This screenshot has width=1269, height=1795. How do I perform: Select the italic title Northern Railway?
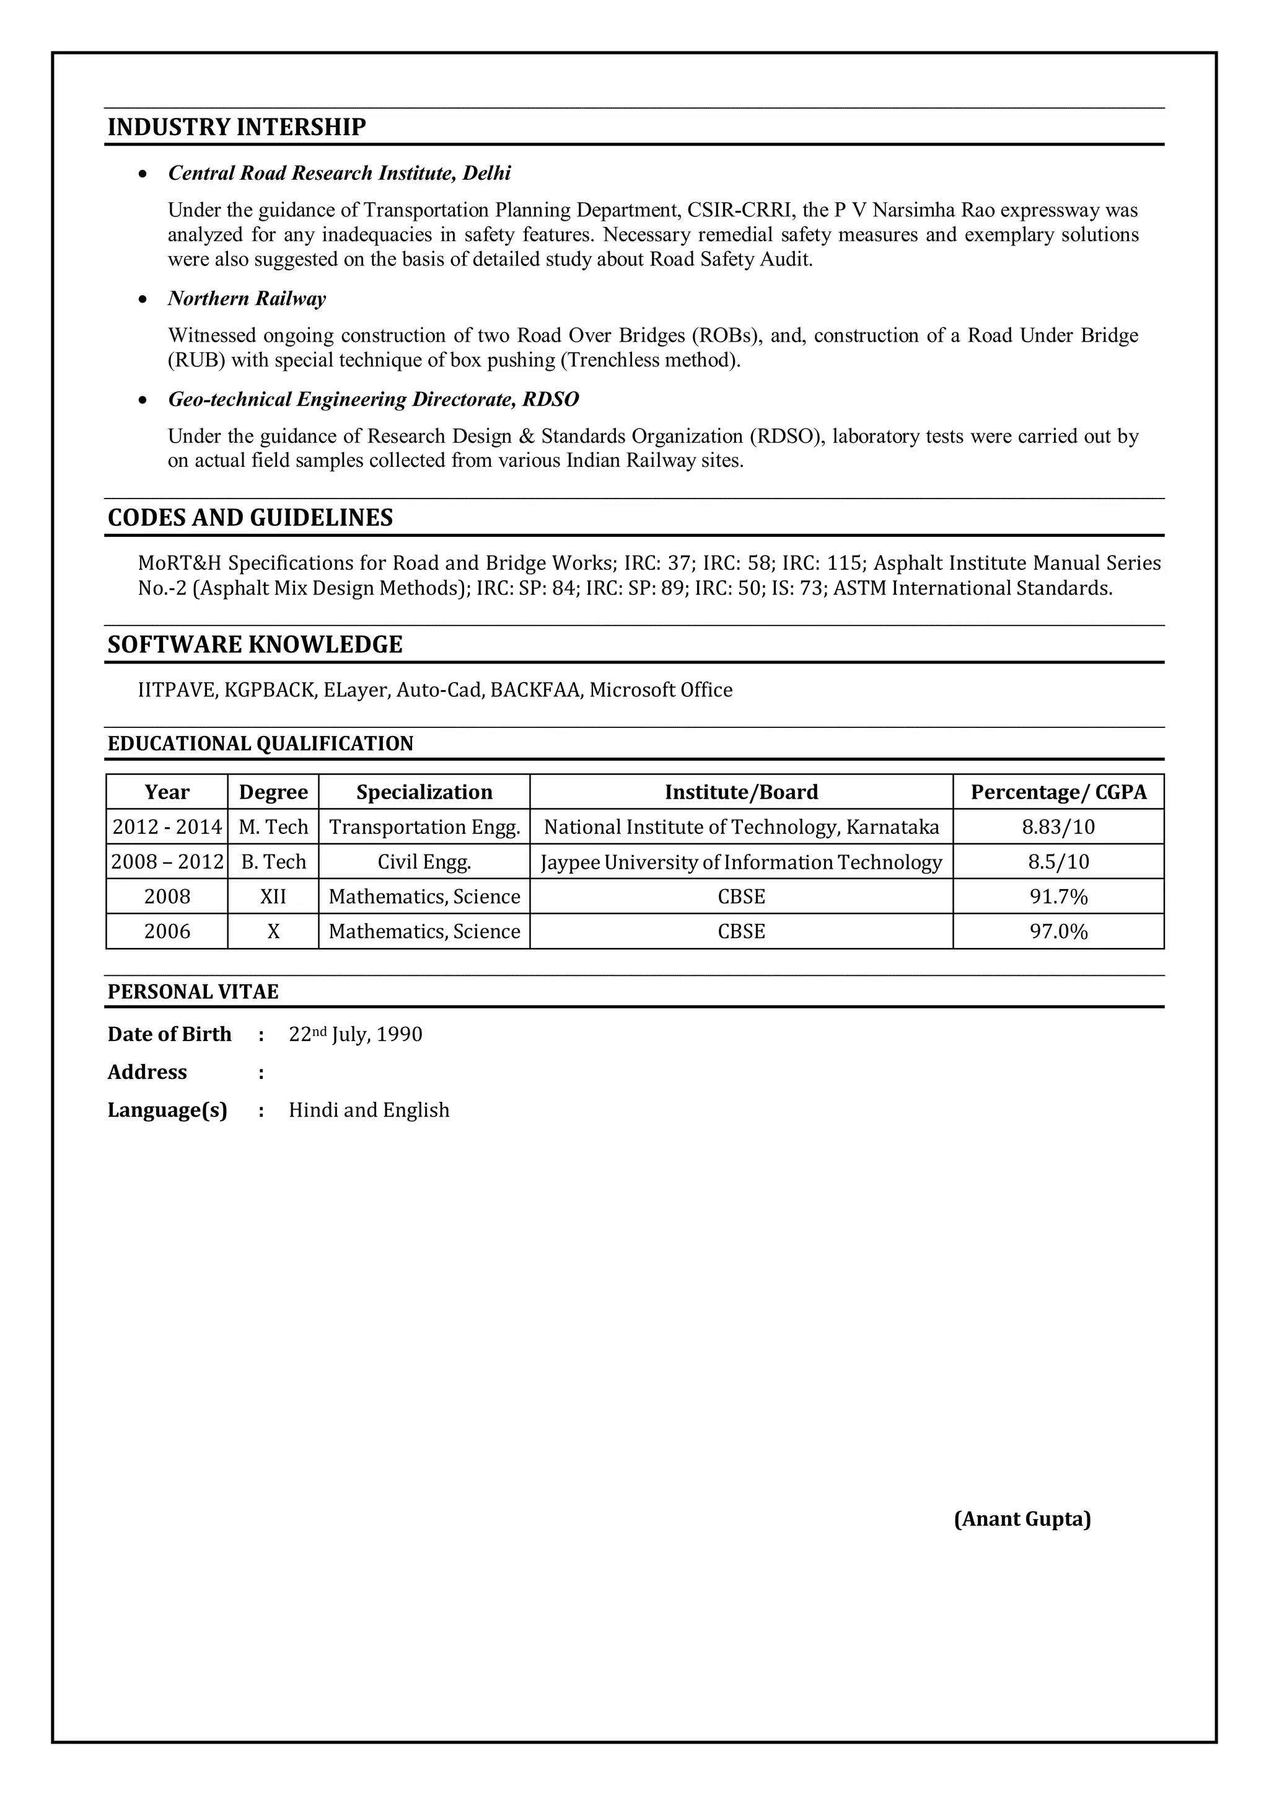tap(247, 299)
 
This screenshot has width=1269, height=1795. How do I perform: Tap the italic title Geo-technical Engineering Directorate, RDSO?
tap(374, 399)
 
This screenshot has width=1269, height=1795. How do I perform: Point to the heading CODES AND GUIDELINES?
tap(250, 518)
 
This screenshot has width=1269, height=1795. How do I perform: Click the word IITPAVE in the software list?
tap(177, 690)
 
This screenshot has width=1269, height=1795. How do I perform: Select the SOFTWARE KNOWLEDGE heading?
tap(255, 645)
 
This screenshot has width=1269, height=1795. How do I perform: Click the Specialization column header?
tap(424, 792)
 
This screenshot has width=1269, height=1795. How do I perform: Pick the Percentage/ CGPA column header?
tap(1058, 792)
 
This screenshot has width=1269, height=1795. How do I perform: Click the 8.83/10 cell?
tap(1058, 827)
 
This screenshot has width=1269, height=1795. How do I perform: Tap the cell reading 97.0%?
tap(1058, 932)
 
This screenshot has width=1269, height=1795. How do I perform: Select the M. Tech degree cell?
tap(273, 827)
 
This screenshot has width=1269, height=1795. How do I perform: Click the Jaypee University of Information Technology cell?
tap(741, 862)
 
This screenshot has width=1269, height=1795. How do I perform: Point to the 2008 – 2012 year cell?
tap(167, 862)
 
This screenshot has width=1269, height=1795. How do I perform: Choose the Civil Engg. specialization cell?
tap(424, 862)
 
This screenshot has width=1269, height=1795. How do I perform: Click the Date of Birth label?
tap(170, 1034)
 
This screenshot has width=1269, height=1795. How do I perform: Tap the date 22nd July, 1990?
tap(356, 1034)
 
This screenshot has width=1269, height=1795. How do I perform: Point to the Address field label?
tap(147, 1072)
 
